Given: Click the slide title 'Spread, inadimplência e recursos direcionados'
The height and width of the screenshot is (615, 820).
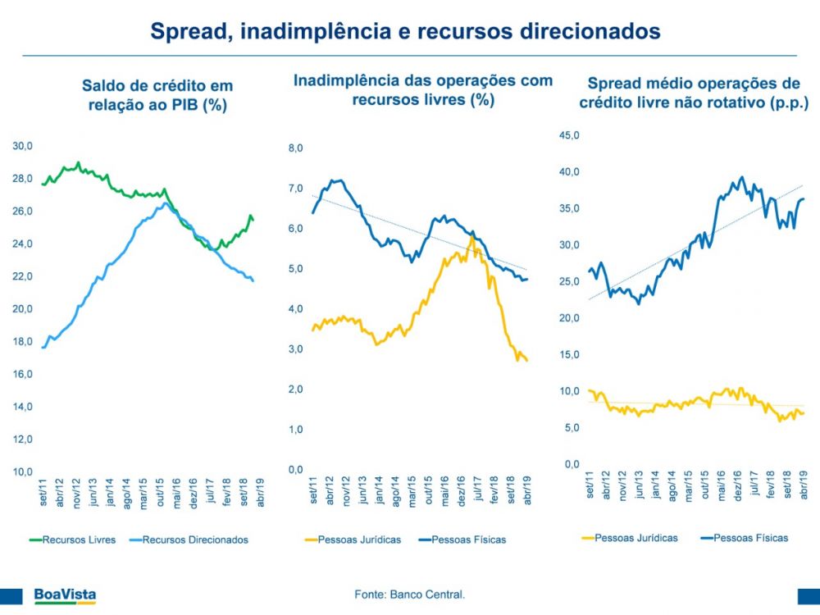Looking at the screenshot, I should pyautogui.click(x=405, y=31).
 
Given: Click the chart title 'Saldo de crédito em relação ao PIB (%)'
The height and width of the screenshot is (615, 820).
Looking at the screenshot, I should pyautogui.click(x=157, y=95).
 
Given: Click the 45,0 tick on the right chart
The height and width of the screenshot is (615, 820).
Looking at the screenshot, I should pyautogui.click(x=569, y=135).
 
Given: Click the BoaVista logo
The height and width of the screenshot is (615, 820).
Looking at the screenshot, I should pyautogui.click(x=65, y=595).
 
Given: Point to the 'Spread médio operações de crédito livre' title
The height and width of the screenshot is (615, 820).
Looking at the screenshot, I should pyautogui.click(x=694, y=93).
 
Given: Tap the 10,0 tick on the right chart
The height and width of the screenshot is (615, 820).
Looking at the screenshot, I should pyautogui.click(x=569, y=391).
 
